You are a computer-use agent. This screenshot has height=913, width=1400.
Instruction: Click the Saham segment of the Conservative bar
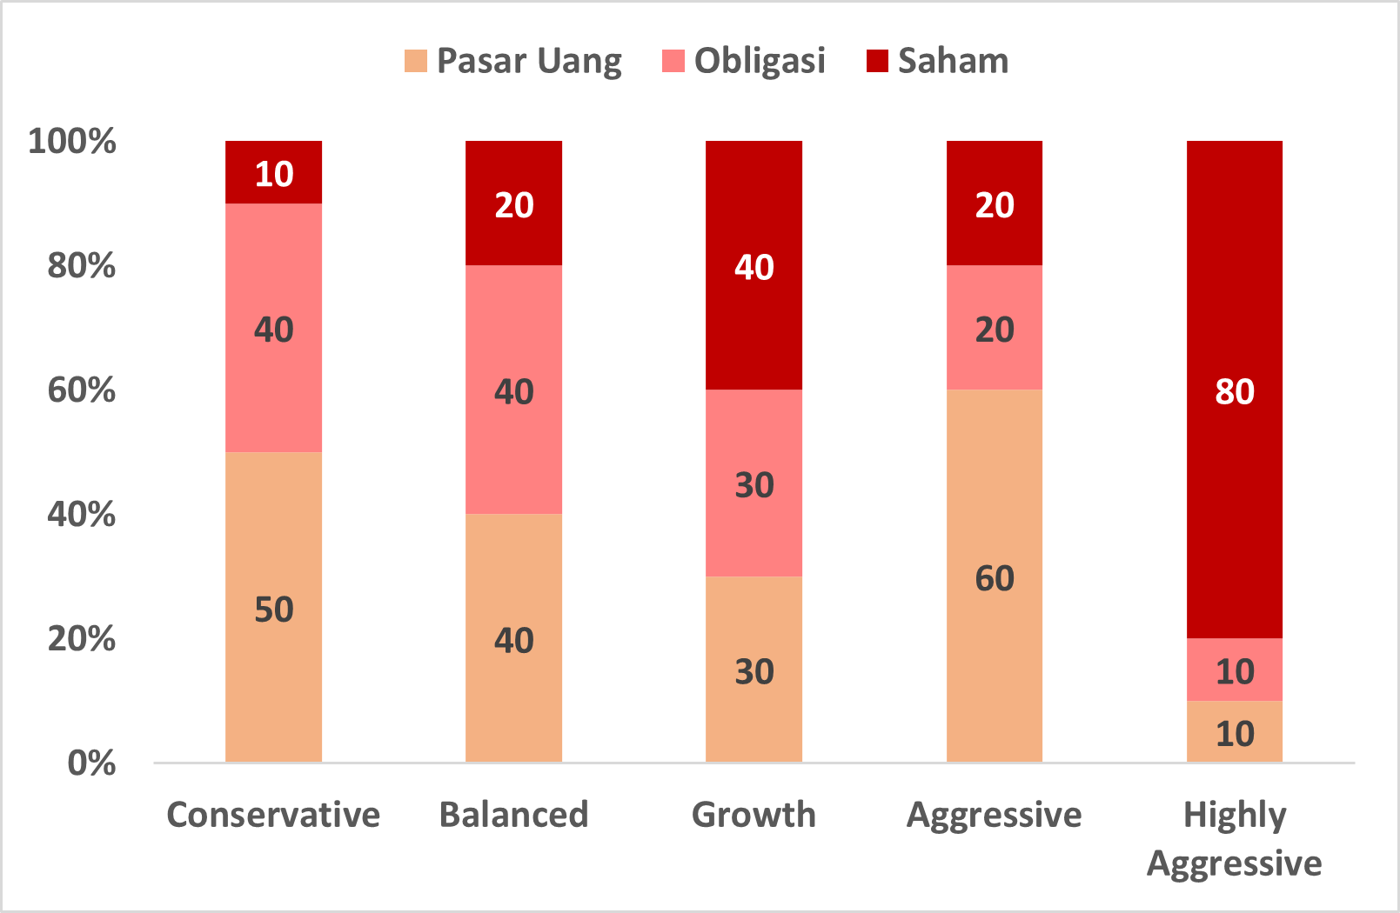(x=273, y=172)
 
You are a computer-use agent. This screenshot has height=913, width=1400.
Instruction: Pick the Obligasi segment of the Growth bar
(x=754, y=483)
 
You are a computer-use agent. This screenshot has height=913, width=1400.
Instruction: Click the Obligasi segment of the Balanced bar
(x=513, y=390)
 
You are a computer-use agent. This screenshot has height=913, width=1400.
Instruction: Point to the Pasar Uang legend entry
(x=513, y=61)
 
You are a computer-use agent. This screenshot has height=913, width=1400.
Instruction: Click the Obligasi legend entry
(x=744, y=61)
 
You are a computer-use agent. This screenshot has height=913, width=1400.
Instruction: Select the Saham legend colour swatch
(x=877, y=61)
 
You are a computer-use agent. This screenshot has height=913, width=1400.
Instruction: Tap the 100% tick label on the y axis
(x=71, y=141)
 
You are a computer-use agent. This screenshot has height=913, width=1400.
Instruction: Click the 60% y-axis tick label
(x=81, y=390)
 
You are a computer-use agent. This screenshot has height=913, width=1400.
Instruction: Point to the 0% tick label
(x=90, y=763)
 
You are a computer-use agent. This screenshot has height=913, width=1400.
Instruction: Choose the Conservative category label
(x=273, y=815)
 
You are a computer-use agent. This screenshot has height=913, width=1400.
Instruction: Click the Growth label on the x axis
(x=754, y=815)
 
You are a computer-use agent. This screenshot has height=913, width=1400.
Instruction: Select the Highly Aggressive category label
(x=1234, y=839)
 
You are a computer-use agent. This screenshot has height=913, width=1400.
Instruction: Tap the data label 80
(x=1234, y=391)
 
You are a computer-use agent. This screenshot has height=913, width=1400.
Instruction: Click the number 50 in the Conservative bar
(x=273, y=610)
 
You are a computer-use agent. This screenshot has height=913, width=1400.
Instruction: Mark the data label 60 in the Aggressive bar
(x=994, y=578)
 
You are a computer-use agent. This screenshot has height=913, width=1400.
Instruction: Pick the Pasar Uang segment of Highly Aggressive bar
(x=1234, y=732)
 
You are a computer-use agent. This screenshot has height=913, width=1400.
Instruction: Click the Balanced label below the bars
(x=513, y=815)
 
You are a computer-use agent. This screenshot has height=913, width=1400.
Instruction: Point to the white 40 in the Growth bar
(x=754, y=267)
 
